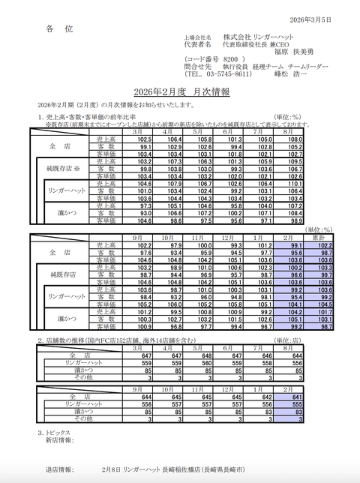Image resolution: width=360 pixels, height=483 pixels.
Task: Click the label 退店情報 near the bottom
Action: pos(59,470)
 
